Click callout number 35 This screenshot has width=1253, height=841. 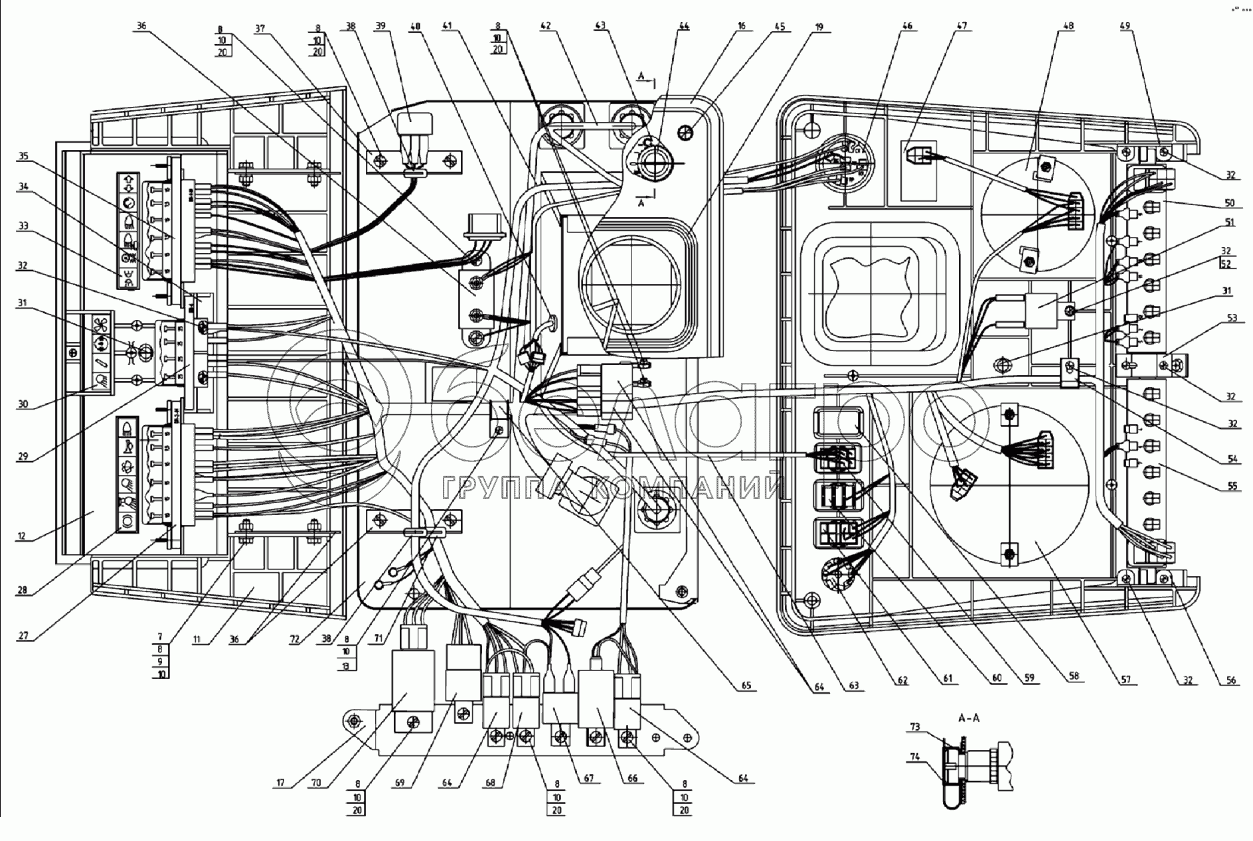point(23,157)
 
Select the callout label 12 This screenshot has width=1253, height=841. point(22,535)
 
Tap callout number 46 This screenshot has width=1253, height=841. point(907,27)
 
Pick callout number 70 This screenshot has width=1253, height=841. point(316,783)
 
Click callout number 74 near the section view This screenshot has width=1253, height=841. point(914,756)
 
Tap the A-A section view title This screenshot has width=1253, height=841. point(969,718)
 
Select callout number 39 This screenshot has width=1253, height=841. point(380,27)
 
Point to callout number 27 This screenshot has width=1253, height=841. point(23,635)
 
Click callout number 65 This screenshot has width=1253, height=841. point(747,686)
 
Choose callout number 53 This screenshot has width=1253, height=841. point(1232,318)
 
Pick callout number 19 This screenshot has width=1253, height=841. point(819,27)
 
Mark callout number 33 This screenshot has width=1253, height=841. point(23,226)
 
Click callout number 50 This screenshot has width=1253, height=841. point(1230,202)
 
